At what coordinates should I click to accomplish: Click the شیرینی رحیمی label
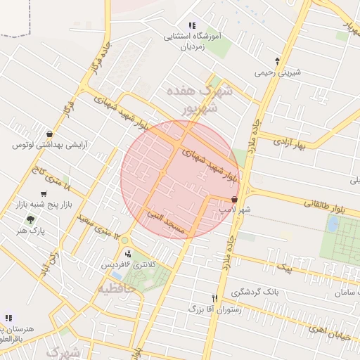pos(278,72)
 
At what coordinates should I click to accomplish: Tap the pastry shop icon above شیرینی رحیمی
pos(278,61)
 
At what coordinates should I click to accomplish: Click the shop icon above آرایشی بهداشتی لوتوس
pos(49,134)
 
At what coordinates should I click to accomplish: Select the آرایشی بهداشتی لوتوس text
pos(49,145)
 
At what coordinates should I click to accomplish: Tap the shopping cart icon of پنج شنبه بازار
pos(44,194)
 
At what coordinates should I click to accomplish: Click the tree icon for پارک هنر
pos(30,219)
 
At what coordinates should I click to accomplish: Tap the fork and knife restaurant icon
pos(215,298)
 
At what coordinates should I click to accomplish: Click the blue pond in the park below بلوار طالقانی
pos(333,224)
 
